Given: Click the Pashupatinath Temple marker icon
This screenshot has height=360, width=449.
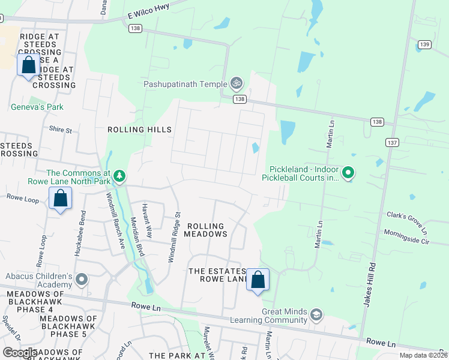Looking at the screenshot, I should coord(237,83).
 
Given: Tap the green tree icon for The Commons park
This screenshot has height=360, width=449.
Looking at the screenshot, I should coord(120,175).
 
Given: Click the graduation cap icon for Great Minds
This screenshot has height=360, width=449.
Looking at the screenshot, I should coord(316,314).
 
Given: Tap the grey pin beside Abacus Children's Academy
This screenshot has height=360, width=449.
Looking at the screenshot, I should coord(82,280).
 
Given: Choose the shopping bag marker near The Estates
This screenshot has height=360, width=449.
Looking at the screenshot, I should coord(258,280).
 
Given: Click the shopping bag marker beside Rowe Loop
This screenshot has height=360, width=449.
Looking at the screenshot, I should coord(60,199).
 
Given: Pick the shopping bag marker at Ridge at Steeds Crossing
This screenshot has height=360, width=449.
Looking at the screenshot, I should coord(28,65).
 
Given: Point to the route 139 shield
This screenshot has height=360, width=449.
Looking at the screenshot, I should coord(424,44).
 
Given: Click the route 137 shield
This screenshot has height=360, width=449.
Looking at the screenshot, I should coord(392,142).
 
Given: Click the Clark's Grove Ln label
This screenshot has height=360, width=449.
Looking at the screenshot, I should coord(407,223).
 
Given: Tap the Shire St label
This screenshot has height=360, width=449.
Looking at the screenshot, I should coord(60,129).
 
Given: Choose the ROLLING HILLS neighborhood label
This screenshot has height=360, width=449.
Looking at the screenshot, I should coord(139,130).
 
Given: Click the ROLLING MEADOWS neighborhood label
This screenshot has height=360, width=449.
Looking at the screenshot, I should coord(205,230).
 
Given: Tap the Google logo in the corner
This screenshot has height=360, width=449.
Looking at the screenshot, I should coord(19,352).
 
